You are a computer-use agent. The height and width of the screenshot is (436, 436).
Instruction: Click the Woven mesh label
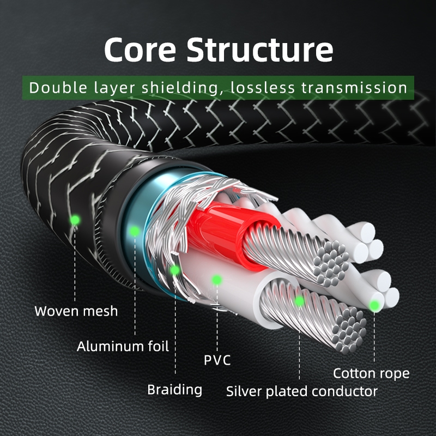(76, 311)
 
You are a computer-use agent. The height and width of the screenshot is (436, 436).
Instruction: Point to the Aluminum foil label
(123, 346)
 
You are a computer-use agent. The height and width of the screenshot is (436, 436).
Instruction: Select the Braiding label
(174, 389)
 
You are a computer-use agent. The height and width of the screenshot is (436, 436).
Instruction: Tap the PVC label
(217, 360)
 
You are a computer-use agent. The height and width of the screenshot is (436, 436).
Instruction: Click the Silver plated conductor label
(301, 391)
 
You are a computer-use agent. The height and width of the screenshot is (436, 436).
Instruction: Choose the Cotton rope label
(371, 373)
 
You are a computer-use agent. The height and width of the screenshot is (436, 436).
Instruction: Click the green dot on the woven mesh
(75, 220)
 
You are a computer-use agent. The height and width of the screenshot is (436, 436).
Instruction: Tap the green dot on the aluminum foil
(134, 231)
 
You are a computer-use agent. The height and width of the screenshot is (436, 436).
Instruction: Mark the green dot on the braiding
(175, 269)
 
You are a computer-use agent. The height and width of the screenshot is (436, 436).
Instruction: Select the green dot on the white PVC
(217, 280)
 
